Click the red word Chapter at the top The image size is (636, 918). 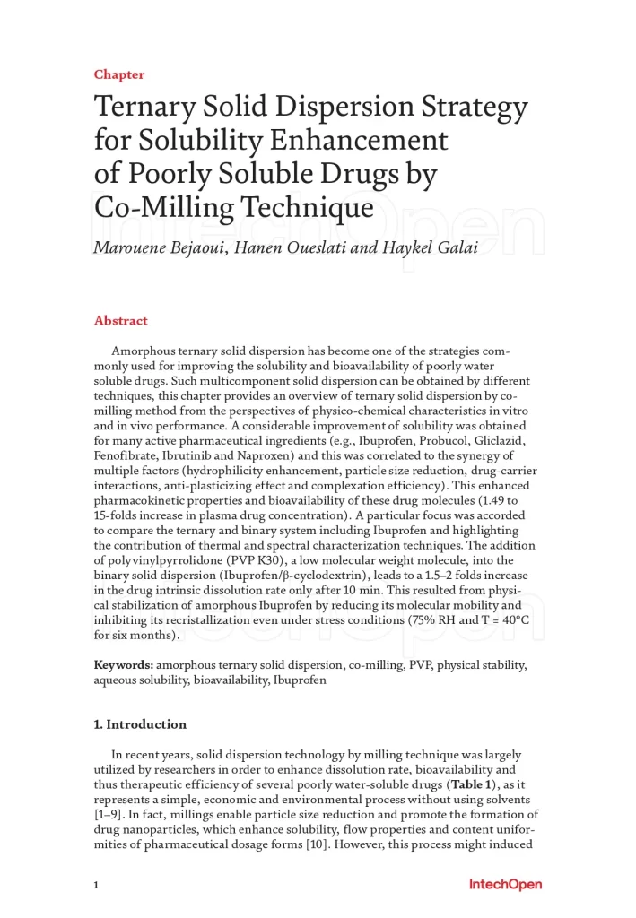click(118, 75)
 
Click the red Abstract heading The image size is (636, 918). click(120, 321)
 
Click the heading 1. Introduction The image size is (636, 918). click(140, 724)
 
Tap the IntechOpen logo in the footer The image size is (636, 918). click(505, 885)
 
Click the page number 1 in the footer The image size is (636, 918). click(96, 886)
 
